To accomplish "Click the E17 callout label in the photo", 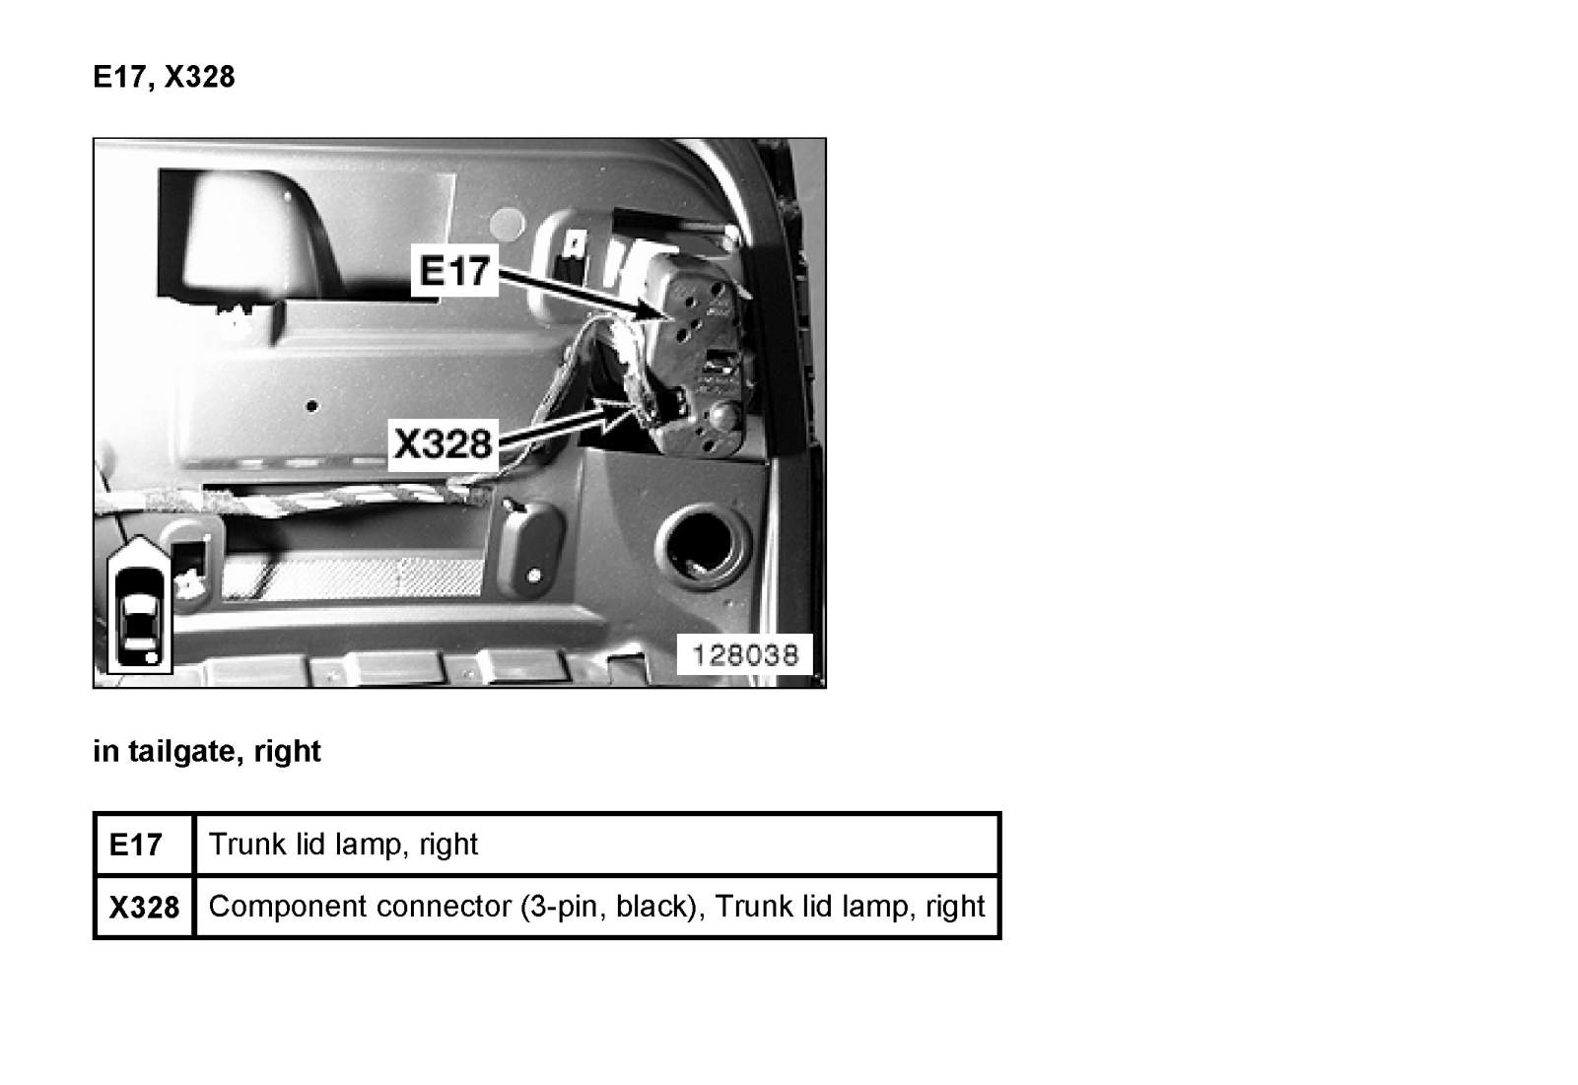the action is point(454,271).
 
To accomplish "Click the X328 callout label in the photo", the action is point(444,444).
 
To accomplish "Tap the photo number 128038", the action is point(745,655).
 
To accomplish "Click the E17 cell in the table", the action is point(136,844).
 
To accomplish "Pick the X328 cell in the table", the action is point(144,907).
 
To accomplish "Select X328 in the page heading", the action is point(199,77).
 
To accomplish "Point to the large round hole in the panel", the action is point(703,547).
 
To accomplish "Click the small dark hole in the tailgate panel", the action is point(312,407).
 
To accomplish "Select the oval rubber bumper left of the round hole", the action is point(529,547).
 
